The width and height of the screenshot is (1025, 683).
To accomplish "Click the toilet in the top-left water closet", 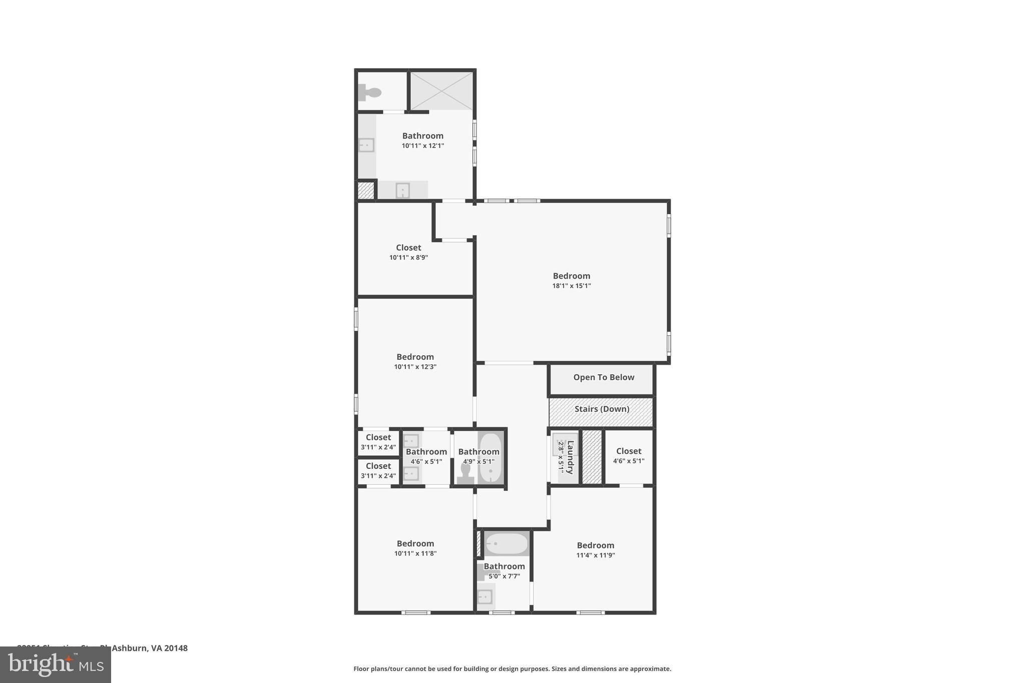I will coord(370,93).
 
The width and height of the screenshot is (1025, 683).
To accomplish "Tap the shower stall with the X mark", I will coord(441,91).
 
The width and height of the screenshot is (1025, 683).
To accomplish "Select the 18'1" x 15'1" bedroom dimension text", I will coord(571,286).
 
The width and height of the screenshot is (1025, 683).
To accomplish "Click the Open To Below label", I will coord(604,378).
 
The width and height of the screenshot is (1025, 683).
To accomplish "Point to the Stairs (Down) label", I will coord(602,409).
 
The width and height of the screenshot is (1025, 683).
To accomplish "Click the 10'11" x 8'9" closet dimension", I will coord(408,258).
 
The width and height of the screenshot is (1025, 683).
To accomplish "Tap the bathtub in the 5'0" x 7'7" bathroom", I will coord(506,543).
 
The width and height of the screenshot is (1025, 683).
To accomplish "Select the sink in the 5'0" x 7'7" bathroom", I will coord(485,596).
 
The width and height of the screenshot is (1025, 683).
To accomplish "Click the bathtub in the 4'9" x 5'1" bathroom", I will coord(490,458).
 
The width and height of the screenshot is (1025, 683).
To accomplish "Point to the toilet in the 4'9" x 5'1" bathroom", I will coord(465,473).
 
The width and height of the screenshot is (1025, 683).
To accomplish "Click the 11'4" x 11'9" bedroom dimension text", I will coord(595,555).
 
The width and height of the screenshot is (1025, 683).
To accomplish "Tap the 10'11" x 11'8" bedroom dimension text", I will coord(415,553).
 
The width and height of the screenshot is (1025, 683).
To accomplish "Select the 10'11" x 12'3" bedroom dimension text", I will coord(415,367).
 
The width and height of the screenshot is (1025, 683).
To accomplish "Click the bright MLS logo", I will coord(56,664).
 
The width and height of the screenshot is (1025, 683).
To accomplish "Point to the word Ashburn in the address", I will coord(130,648).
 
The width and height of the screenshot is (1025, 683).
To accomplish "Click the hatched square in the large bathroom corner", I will coord(365,191).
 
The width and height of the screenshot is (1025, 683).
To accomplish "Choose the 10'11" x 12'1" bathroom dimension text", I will coord(422,146).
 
